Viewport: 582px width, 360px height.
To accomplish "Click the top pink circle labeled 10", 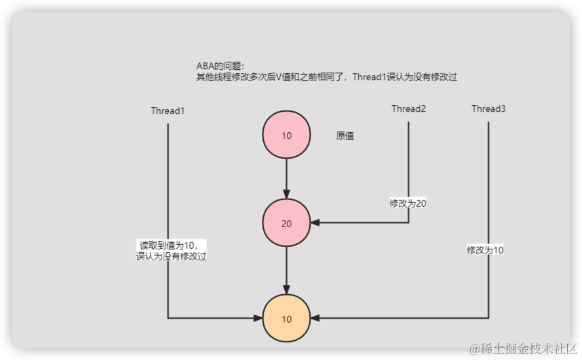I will pyautogui.click(x=286, y=136).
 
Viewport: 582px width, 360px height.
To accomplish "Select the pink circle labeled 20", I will pyautogui.click(x=286, y=223).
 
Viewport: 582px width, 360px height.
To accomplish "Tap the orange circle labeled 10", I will pyautogui.click(x=286, y=319).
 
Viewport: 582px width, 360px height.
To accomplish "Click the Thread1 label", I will pyautogui.click(x=168, y=111).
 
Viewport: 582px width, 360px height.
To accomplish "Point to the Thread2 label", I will pyautogui.click(x=408, y=108).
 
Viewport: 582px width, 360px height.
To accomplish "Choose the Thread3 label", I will pyautogui.click(x=488, y=108).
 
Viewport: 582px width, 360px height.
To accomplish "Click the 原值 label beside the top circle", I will pyautogui.click(x=345, y=136).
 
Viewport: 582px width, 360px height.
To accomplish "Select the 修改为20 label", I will pyautogui.click(x=408, y=203).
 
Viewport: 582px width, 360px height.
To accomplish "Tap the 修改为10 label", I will pyautogui.click(x=485, y=250).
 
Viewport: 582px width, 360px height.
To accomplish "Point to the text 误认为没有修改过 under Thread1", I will pyautogui.click(x=171, y=257).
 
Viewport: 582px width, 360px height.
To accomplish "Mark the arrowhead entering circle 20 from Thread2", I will pyautogui.click(x=315, y=223).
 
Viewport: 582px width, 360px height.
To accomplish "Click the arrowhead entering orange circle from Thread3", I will pyautogui.click(x=315, y=318).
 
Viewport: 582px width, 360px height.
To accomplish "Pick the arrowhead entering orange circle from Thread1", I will pyautogui.click(x=258, y=318).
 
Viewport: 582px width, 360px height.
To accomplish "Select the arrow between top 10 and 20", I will pyautogui.click(x=286, y=176).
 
